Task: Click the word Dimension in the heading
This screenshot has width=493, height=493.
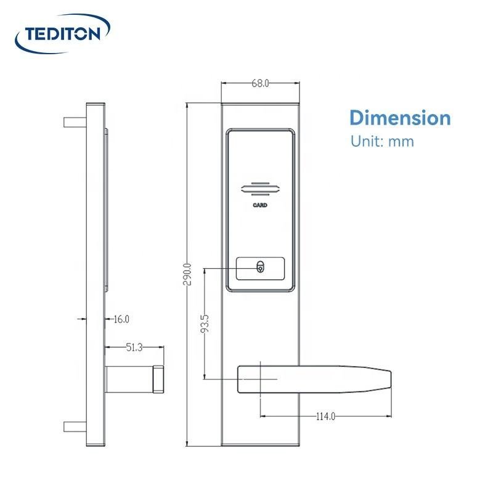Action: [x=400, y=118]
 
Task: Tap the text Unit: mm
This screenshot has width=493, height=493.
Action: [x=382, y=141]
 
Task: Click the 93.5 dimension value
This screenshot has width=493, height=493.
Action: [x=205, y=325]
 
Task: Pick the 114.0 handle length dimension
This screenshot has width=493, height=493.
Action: [x=325, y=417]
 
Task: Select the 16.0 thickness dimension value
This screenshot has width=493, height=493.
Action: [x=121, y=319]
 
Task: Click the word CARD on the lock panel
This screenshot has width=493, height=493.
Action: [x=260, y=205]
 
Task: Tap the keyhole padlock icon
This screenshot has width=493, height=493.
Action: [x=261, y=267]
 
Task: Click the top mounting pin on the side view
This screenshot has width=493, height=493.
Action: [x=75, y=122]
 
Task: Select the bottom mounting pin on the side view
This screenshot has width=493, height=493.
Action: [x=75, y=426]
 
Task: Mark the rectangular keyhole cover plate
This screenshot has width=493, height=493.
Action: [x=261, y=267]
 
